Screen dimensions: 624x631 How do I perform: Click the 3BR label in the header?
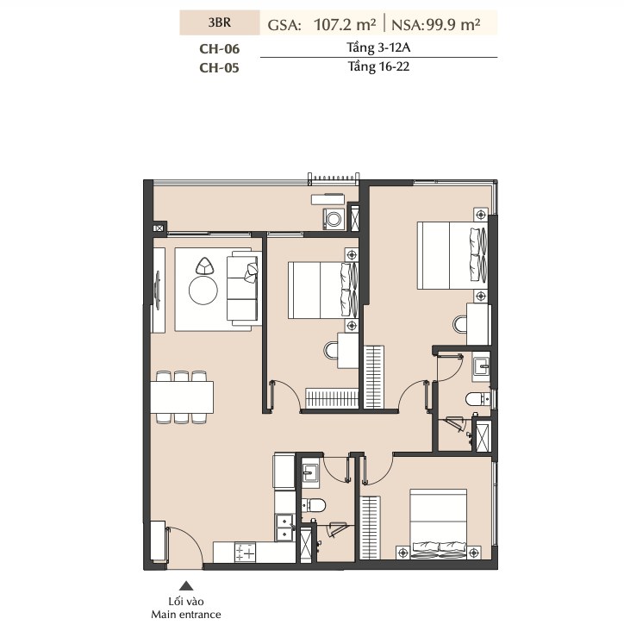(x=220, y=22)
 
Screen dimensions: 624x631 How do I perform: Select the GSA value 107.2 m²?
(x=346, y=25)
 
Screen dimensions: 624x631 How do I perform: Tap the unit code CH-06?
(x=219, y=48)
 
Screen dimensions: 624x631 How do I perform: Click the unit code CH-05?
(x=219, y=67)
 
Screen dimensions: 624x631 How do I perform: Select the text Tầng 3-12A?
(x=378, y=47)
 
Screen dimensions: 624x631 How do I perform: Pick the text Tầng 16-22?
(x=378, y=66)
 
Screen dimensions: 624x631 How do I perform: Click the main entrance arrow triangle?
(x=186, y=585)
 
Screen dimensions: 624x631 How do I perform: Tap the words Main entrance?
(x=186, y=615)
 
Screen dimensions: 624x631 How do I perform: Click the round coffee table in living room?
(x=203, y=290)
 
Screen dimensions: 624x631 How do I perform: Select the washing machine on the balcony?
(x=334, y=219)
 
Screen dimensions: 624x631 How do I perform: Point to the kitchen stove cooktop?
(x=245, y=552)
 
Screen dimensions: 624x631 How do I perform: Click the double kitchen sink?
(x=284, y=528)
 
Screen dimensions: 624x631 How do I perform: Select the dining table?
(x=182, y=397)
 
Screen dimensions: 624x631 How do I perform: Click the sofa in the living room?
(x=242, y=289)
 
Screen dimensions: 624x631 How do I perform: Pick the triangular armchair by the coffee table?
(x=205, y=266)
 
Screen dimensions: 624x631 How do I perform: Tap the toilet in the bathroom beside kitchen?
(x=313, y=505)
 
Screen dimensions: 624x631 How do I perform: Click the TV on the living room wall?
(x=158, y=291)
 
